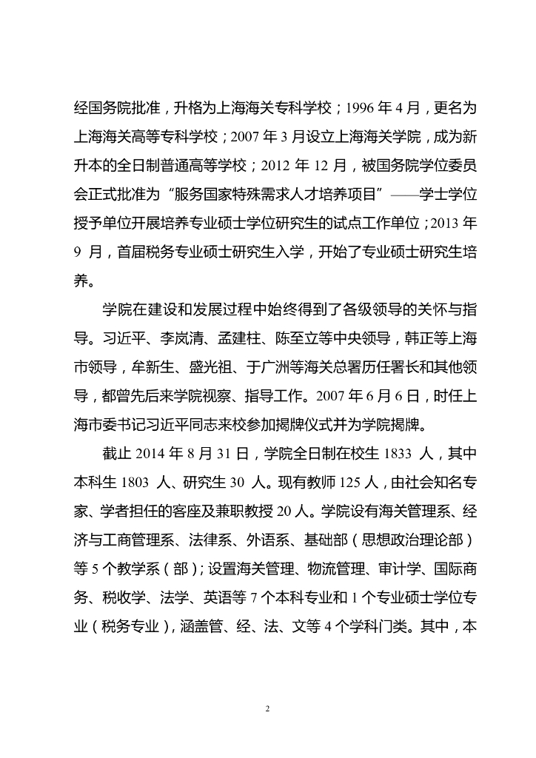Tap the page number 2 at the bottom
[268, 708]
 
